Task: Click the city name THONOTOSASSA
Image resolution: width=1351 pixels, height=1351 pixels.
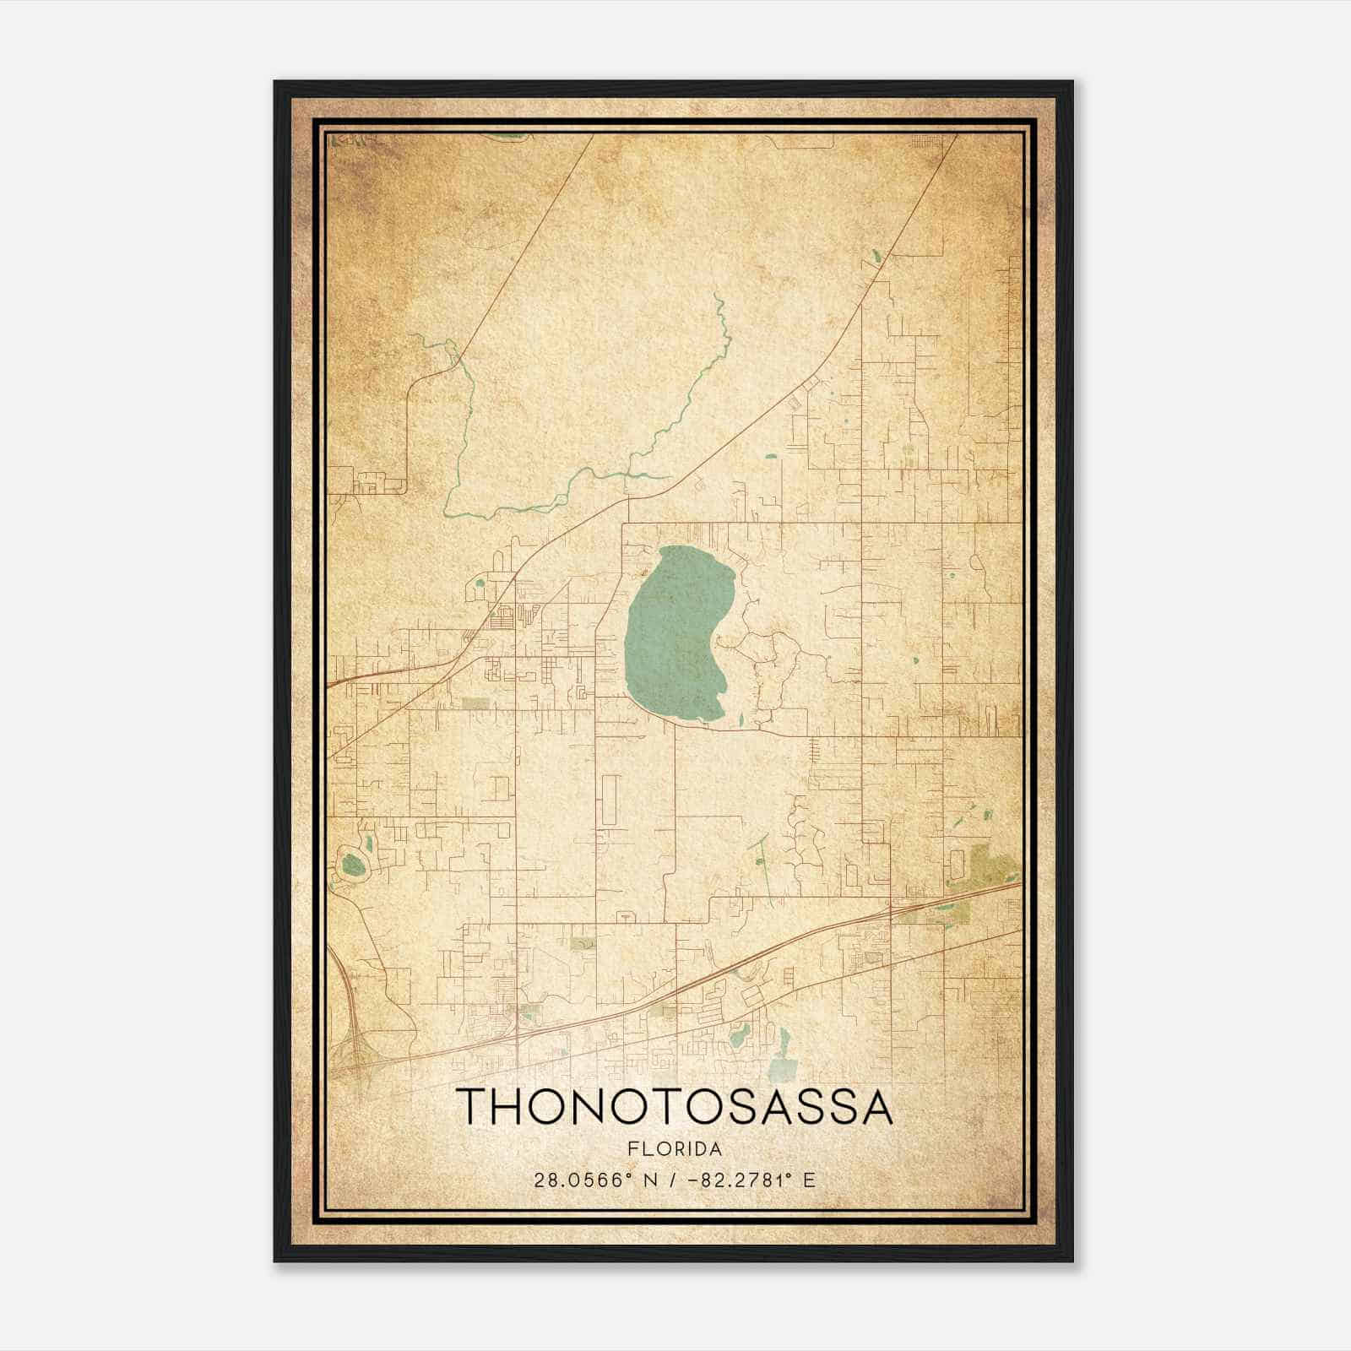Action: click(674, 1107)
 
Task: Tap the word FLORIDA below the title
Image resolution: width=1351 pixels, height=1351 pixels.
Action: click(674, 1149)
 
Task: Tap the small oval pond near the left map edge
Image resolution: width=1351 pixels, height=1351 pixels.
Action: click(353, 865)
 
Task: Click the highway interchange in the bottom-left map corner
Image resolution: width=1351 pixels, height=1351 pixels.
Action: click(350, 1047)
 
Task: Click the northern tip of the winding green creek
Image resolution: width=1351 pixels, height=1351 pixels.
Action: click(716, 296)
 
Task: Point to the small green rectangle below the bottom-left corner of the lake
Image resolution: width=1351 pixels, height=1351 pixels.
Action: click(475, 703)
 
